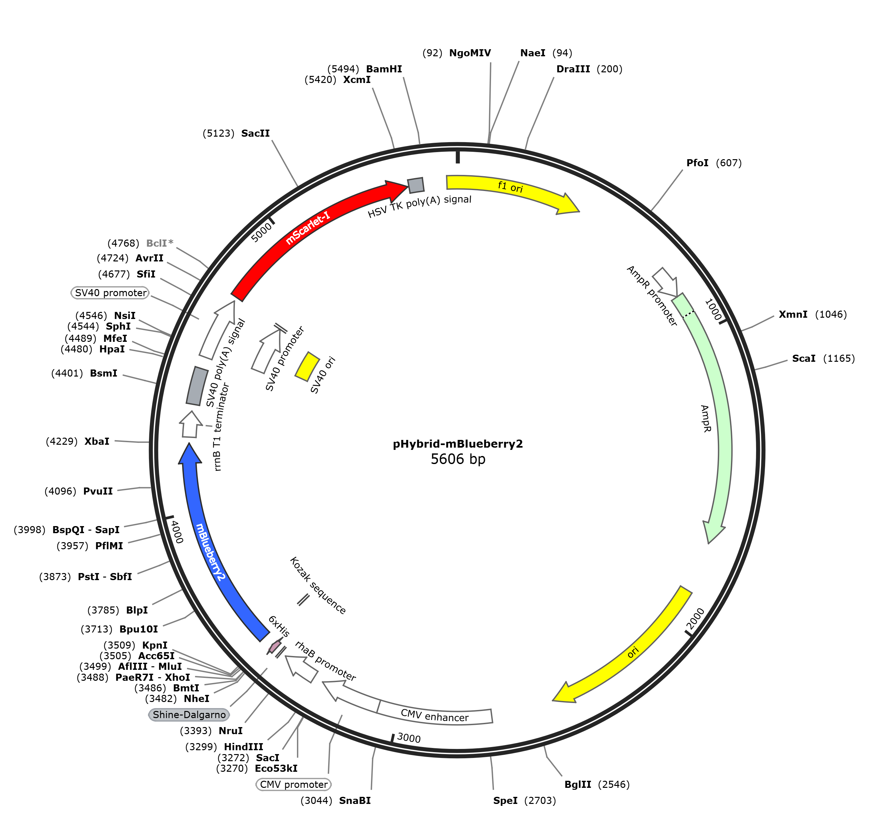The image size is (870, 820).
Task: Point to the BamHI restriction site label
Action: pyautogui.click(x=384, y=69)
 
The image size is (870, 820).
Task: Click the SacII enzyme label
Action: pyautogui.click(x=255, y=133)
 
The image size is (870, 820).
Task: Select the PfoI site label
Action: pyautogui.click(x=697, y=163)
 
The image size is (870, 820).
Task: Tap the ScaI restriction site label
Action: pyautogui.click(x=803, y=359)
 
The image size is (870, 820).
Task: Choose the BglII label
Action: pyautogui.click(x=578, y=784)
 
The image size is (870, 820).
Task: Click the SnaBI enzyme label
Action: pyautogui.click(x=355, y=800)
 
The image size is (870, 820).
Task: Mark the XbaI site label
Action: pyautogui.click(x=97, y=441)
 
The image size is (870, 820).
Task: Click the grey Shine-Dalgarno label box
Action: pyautogui.click(x=189, y=715)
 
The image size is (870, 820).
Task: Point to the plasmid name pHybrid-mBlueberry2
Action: pyautogui.click(x=458, y=444)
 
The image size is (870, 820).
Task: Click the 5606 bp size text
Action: pyautogui.click(x=458, y=459)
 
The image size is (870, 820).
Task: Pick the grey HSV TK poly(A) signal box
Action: pyautogui.click(x=415, y=185)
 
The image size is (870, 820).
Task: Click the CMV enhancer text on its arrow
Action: pyautogui.click(x=435, y=715)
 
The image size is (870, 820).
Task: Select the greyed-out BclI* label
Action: pyautogui.click(x=159, y=243)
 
